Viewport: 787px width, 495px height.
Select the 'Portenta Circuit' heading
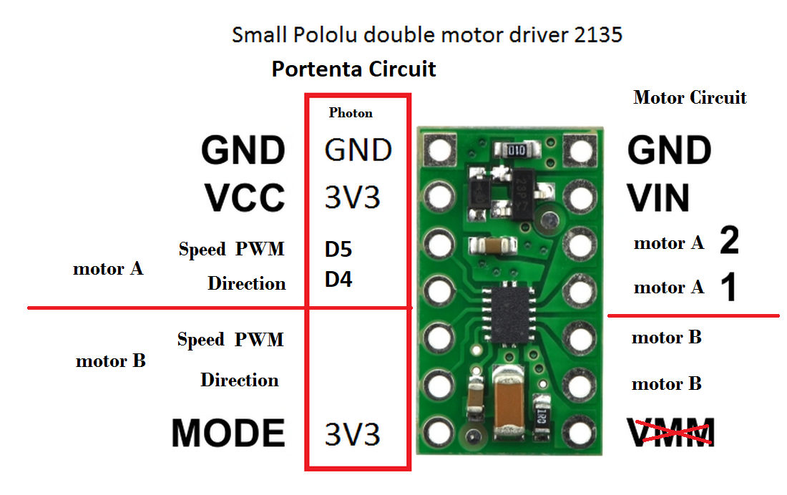(x=354, y=69)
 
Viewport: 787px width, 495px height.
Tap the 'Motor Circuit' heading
(x=690, y=98)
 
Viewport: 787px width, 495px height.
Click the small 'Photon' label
(x=351, y=113)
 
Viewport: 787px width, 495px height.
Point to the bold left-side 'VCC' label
(x=244, y=198)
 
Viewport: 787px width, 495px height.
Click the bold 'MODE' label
(x=228, y=433)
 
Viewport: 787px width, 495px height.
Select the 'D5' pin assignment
(x=338, y=250)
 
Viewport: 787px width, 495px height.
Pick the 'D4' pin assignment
(x=338, y=280)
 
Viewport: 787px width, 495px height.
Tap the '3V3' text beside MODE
(x=353, y=434)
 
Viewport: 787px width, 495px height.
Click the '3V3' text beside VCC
(x=353, y=198)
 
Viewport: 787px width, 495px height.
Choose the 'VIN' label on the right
(x=658, y=198)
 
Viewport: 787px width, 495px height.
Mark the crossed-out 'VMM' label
(x=671, y=433)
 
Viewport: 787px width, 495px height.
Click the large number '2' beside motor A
(x=729, y=242)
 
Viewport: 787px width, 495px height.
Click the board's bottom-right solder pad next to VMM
(x=579, y=431)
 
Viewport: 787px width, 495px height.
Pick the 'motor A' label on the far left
(x=108, y=269)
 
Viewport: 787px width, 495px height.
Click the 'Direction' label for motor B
(x=240, y=380)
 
